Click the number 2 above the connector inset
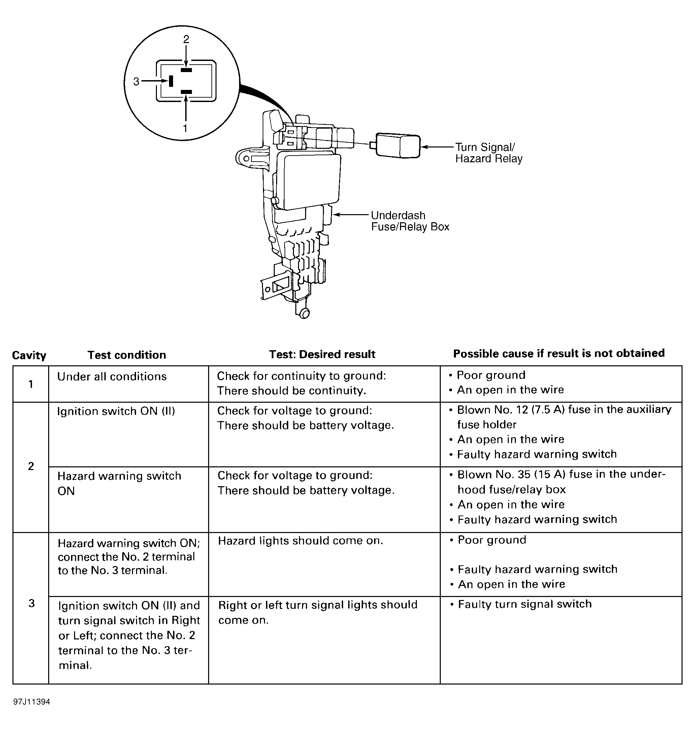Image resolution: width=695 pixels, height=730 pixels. click(x=186, y=39)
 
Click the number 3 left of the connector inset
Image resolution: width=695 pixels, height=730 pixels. click(x=136, y=81)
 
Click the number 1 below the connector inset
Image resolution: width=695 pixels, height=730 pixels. click(x=185, y=128)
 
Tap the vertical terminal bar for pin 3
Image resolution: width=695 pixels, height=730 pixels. click(x=171, y=81)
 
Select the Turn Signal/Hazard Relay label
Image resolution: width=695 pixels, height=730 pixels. click(x=488, y=153)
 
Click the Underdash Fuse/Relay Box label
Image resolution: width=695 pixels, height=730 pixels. click(x=410, y=221)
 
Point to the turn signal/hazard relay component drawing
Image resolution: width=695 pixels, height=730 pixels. click(x=398, y=146)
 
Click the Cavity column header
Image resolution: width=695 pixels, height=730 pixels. click(x=29, y=355)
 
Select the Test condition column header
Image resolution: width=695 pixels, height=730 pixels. click(x=127, y=355)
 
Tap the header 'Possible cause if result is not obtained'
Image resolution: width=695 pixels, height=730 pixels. click(x=559, y=353)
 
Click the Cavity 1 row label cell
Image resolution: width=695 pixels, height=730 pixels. click(x=31, y=384)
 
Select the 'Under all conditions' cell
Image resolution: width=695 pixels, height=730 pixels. click(x=112, y=376)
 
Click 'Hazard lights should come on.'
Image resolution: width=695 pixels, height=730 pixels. click(x=300, y=541)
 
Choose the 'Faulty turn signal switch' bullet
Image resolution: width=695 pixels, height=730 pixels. click(x=525, y=604)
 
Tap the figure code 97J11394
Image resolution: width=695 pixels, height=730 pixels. click(x=32, y=702)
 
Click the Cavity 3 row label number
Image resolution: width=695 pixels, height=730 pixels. click(x=32, y=604)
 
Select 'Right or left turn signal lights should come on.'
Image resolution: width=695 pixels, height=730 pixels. click(x=318, y=612)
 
